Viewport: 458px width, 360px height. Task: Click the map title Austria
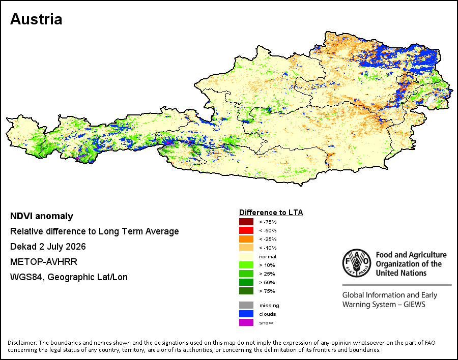pyautogui.click(x=36, y=19)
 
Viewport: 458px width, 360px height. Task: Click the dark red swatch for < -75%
pyautogui.click(x=246, y=222)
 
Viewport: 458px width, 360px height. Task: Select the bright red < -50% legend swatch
pyautogui.click(x=246, y=230)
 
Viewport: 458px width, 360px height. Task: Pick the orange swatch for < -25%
pyautogui.click(x=246, y=239)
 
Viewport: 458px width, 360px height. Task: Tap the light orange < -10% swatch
pyautogui.click(x=246, y=248)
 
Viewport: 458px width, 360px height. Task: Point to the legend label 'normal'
pyautogui.click(x=268, y=257)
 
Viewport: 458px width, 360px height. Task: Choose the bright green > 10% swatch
pyautogui.click(x=246, y=265)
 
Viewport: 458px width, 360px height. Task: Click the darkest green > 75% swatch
pyautogui.click(x=246, y=291)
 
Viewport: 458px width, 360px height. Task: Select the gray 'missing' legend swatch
pyautogui.click(x=246, y=305)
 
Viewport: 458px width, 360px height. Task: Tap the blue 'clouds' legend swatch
pyautogui.click(x=246, y=314)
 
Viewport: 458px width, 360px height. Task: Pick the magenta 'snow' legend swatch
pyautogui.click(x=246, y=322)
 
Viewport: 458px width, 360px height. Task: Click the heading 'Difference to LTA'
pyautogui.click(x=271, y=213)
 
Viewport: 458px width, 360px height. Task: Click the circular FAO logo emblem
pyautogui.click(x=357, y=263)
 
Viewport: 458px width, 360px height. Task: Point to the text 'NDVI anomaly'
pyautogui.click(x=42, y=216)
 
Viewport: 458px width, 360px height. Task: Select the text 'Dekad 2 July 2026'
pyautogui.click(x=48, y=247)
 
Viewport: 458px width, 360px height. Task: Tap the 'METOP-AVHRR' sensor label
pyautogui.click(x=44, y=261)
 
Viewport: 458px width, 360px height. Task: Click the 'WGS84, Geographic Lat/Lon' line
pyautogui.click(x=69, y=277)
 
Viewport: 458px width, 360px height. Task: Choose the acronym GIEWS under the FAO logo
pyautogui.click(x=414, y=305)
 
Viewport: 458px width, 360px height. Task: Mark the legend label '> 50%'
pyautogui.click(x=267, y=282)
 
